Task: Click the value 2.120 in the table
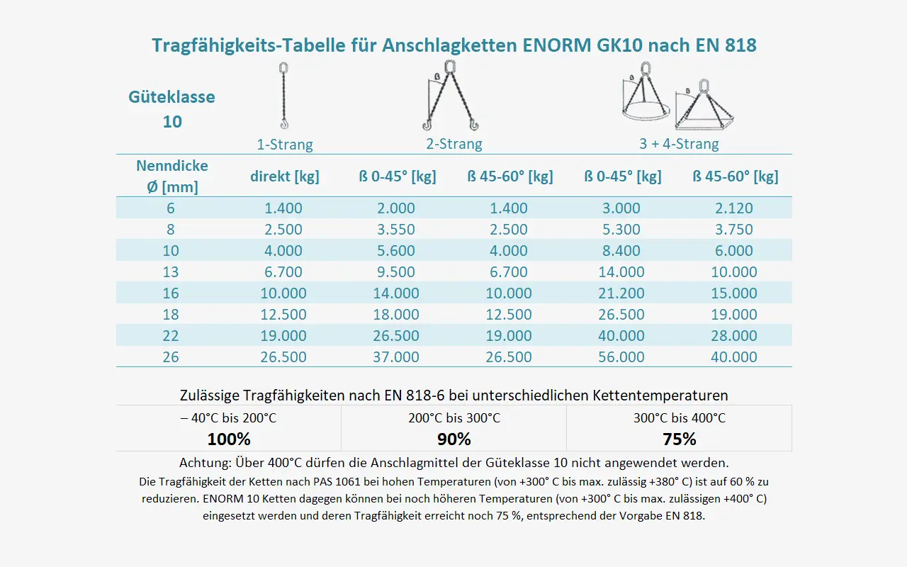733,208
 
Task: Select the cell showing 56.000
621,357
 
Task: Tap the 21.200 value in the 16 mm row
621,293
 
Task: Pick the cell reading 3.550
396,230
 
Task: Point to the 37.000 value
396,357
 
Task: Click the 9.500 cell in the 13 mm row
396,272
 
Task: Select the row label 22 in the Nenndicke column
171,336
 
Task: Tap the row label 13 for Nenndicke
171,272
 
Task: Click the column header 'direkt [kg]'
285,176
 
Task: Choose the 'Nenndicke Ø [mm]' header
172,176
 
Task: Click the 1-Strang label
285,144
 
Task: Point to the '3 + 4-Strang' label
679,144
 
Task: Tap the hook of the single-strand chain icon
285,123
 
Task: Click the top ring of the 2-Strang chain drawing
450,67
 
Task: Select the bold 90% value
454,439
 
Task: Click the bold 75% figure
680,439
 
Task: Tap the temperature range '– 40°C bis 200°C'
229,418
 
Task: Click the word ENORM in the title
557,45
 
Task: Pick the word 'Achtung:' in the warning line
205,463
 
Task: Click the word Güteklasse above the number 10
171,97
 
